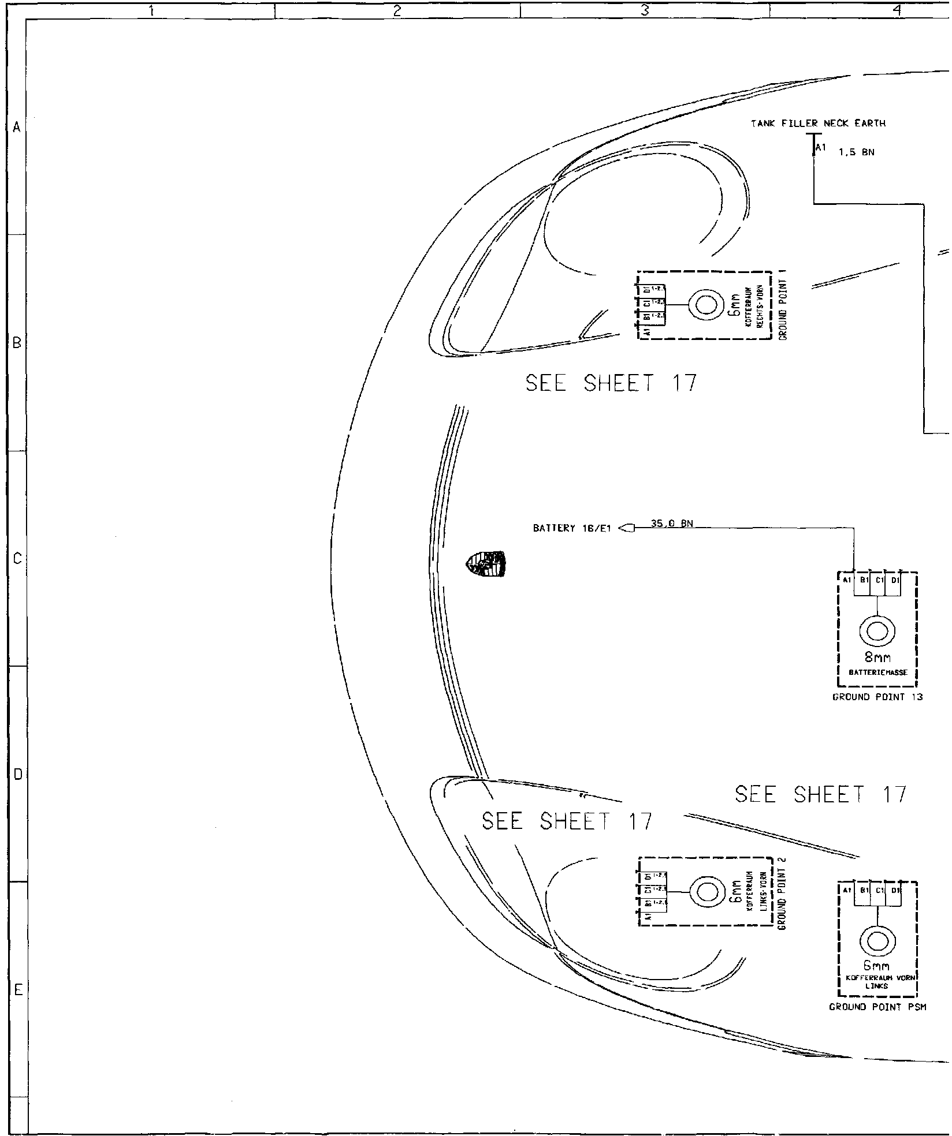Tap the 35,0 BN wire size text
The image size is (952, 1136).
click(x=672, y=524)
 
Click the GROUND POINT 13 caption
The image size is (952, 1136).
click(x=877, y=697)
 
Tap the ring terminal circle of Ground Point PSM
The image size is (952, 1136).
click(x=877, y=942)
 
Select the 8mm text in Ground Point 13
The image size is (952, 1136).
click(x=877, y=658)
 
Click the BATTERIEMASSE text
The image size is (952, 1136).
click(x=877, y=672)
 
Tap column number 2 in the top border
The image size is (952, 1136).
click(x=397, y=10)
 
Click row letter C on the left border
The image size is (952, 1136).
click(x=17, y=559)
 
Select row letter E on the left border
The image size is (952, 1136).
click(x=17, y=990)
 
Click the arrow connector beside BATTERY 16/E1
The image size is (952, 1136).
click(x=627, y=528)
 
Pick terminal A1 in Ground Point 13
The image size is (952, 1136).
click(x=847, y=580)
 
